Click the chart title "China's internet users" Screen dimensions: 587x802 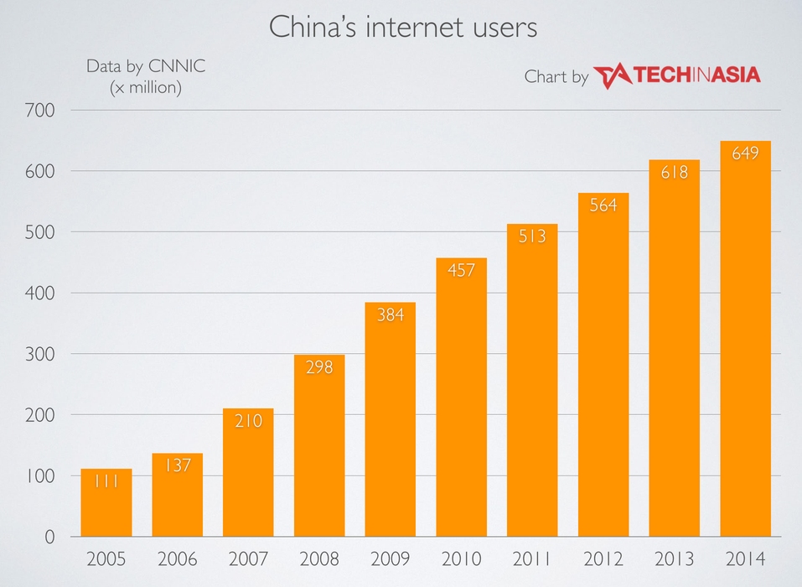[402, 27]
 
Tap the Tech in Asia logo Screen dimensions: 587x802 [676, 75]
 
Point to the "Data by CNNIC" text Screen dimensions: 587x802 [146, 65]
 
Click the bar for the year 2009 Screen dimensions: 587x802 [391, 428]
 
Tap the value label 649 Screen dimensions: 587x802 [745, 153]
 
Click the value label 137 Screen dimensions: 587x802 [177, 465]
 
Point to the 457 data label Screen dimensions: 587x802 [461, 270]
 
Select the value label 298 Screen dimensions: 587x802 [319, 366]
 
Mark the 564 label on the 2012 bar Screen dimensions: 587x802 [603, 205]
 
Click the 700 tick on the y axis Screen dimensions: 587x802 [40, 110]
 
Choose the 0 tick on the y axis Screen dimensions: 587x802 [49, 537]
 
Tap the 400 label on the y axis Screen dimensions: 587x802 [40, 293]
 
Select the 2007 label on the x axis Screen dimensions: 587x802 [248, 558]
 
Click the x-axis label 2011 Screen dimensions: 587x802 [532, 558]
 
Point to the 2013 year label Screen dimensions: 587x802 [674, 558]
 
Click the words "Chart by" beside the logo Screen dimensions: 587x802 [556, 77]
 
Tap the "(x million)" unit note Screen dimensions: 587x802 [146, 86]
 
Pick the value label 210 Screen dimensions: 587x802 [248, 421]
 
